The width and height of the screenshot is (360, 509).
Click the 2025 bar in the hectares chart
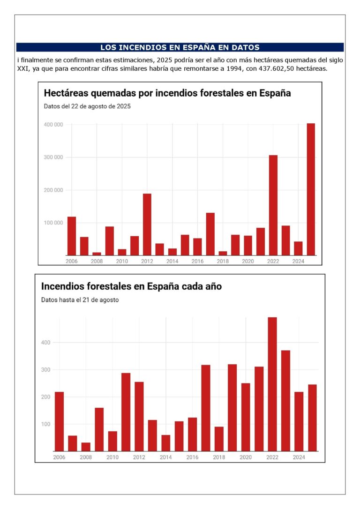[311, 189]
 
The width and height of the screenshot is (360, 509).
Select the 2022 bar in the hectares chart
[273, 205]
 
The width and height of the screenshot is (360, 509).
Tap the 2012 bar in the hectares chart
[147, 225]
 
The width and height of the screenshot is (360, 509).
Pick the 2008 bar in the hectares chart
[97, 254]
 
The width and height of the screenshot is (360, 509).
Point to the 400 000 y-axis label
[53, 125]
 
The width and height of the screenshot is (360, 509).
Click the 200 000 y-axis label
[53, 190]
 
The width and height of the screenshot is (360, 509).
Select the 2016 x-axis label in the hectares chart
[197, 261]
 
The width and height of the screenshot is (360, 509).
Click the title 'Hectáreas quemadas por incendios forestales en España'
[167, 93]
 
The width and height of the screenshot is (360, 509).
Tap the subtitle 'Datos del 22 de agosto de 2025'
[87, 106]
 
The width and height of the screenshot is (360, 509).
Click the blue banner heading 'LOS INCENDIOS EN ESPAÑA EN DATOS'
[180, 47]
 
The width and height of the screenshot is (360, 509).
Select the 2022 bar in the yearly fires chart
[272, 384]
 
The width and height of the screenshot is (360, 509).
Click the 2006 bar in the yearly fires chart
[59, 421]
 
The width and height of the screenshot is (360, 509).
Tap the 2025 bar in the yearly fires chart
[312, 418]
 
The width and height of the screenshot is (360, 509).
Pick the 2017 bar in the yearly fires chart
[205, 408]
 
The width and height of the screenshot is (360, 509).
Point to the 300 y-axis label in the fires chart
[46, 370]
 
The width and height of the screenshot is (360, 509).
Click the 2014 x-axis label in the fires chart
[165, 457]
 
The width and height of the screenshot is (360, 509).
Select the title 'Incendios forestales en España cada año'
[131, 286]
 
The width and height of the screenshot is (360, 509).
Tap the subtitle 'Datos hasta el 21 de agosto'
[80, 300]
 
